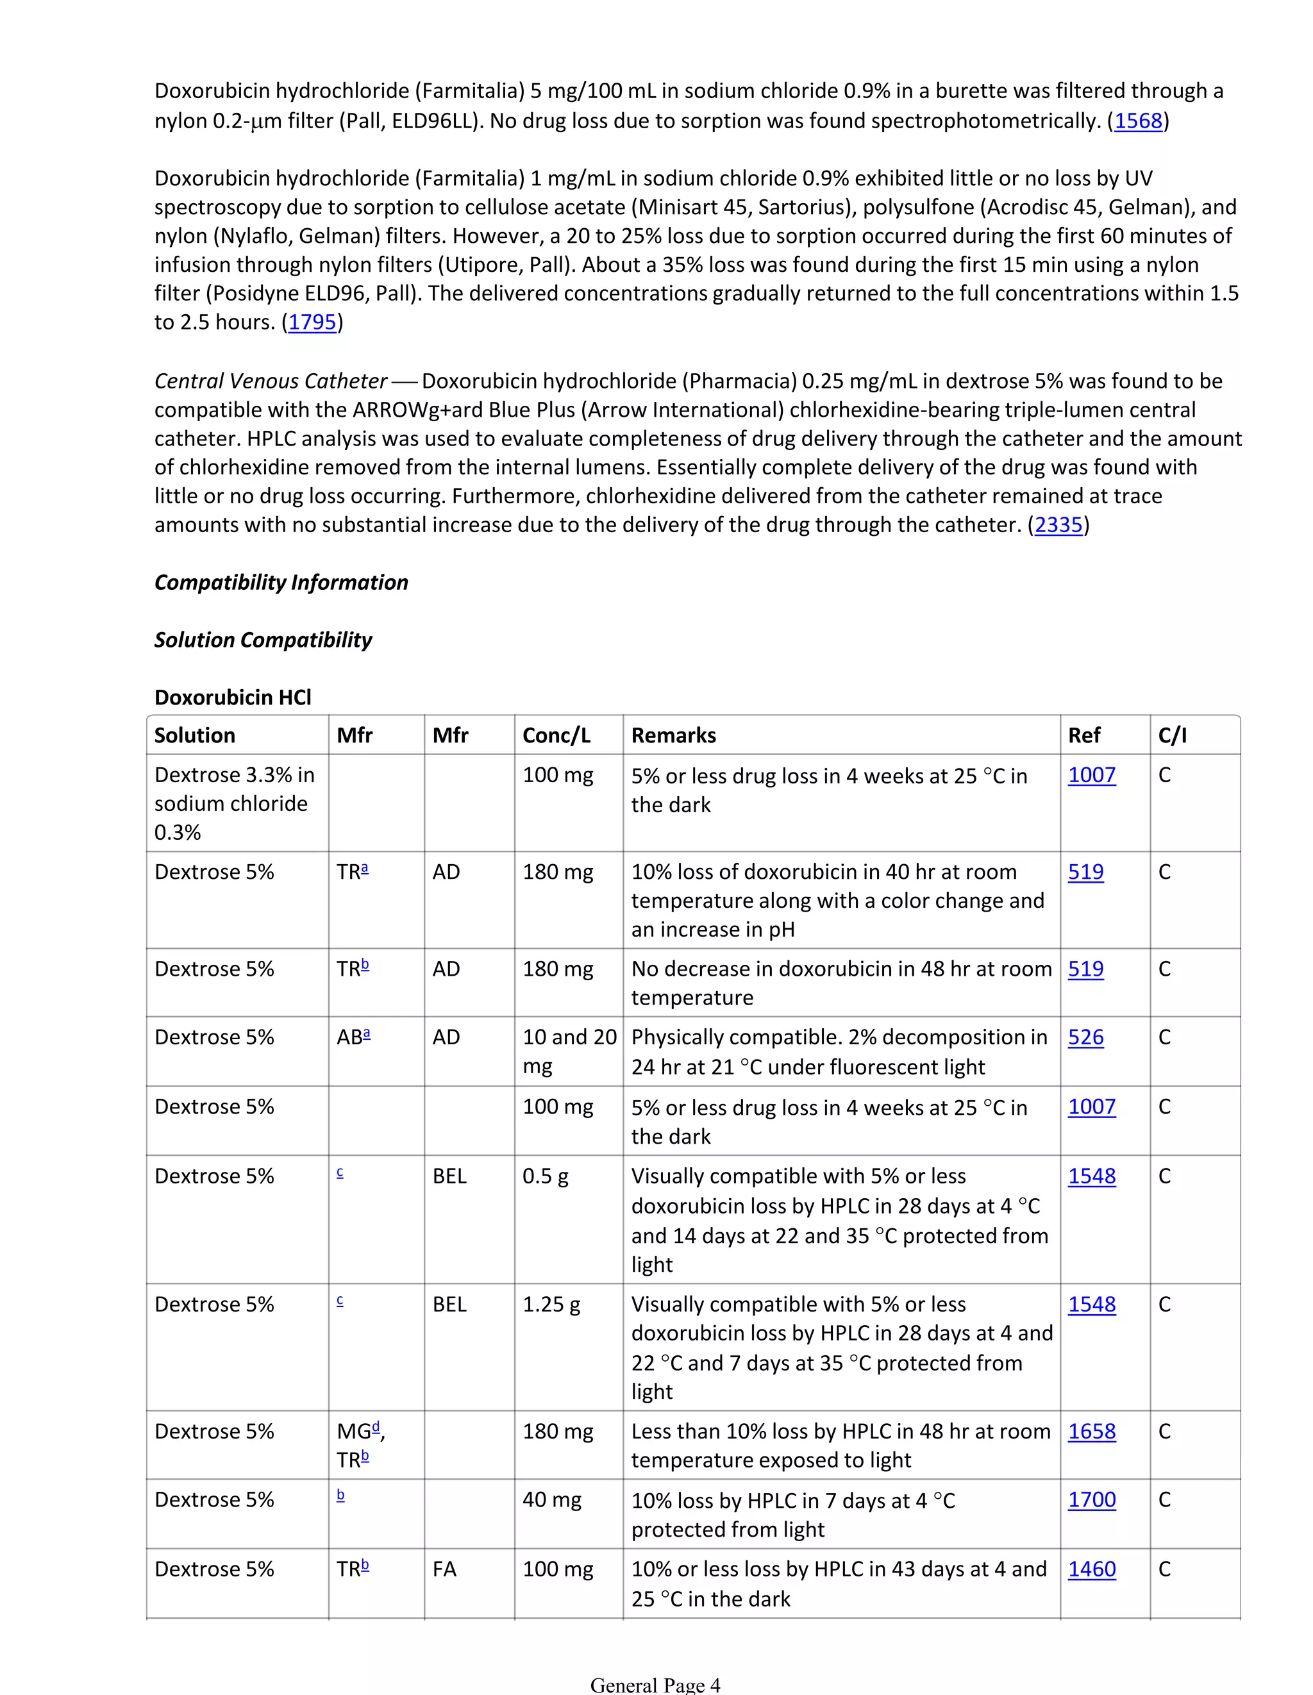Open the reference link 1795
tap(312, 322)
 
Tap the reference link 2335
tap(1058, 526)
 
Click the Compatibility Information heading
tap(281, 583)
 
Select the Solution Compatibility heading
tap(263, 640)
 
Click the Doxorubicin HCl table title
tap(233, 697)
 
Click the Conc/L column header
tap(556, 736)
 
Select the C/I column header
tap(1172, 736)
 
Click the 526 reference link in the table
tap(1085, 1038)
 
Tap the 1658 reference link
tap(1091, 1432)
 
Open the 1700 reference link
tap(1091, 1500)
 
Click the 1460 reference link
tap(1091, 1569)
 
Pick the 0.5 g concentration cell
tap(545, 1176)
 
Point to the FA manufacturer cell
tap(445, 1569)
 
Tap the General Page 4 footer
tap(655, 1685)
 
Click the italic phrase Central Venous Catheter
tap(270, 381)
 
